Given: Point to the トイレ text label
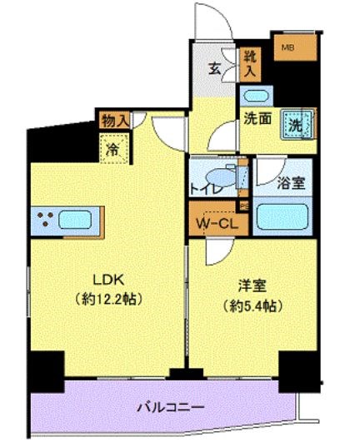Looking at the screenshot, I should pos(205,188).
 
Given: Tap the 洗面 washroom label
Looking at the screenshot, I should pos(257,118).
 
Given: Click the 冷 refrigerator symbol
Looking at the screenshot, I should pos(112,150).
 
